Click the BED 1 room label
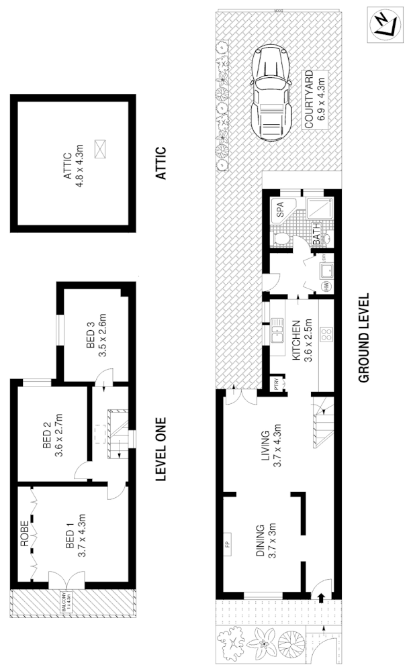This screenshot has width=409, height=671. click(73, 533)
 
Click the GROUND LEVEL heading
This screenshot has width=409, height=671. click(365, 338)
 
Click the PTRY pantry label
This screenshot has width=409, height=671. click(277, 386)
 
